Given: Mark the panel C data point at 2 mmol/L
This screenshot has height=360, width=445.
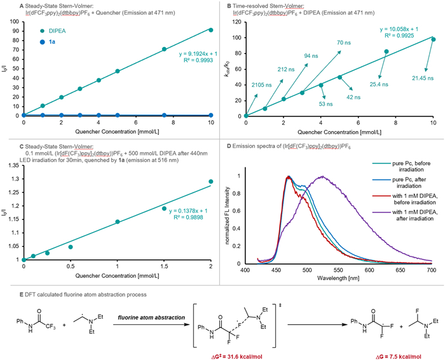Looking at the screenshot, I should pyautogui.click(x=211, y=182).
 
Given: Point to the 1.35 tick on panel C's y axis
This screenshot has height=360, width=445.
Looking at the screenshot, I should pyautogui.click(x=13, y=164).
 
